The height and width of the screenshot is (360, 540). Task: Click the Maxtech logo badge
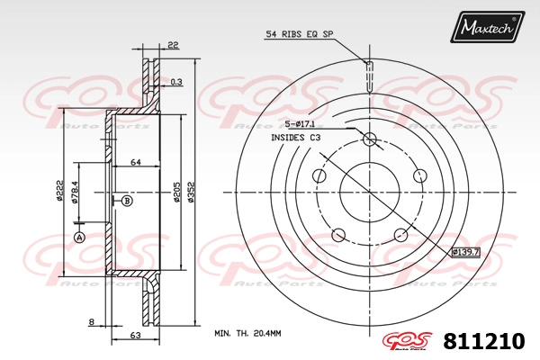[487, 26]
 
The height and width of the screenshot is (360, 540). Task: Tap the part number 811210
[484, 341]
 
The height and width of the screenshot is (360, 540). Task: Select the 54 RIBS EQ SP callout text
[300, 34]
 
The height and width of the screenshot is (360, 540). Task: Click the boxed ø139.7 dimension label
[465, 252]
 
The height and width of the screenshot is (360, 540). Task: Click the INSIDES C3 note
[295, 138]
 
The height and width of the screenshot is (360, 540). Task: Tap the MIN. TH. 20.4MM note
[247, 333]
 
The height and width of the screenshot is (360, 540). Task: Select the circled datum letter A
[79, 237]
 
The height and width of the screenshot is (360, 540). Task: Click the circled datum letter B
[127, 201]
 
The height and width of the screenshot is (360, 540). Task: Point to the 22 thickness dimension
[173, 45]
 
